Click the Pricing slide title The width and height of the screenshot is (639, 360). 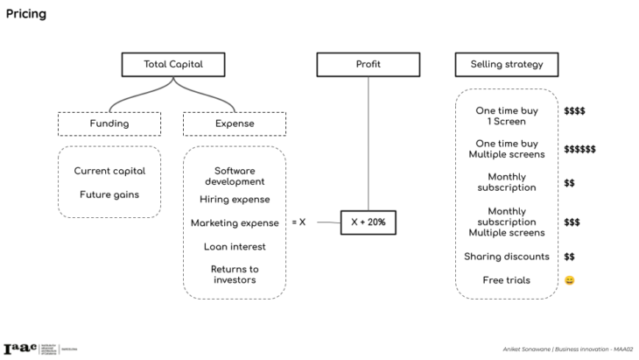(x=26, y=14)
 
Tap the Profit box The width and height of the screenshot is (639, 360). (x=368, y=64)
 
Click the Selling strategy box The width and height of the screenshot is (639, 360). (x=506, y=64)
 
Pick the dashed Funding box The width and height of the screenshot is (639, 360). (x=109, y=124)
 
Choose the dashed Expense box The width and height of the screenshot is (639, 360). (x=234, y=124)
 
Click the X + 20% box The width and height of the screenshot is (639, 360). (x=368, y=223)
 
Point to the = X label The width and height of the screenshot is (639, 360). (x=298, y=222)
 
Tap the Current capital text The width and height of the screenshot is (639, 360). (x=109, y=171)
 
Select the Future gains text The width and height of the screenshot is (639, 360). (x=109, y=194)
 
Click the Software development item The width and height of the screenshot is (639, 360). (x=234, y=176)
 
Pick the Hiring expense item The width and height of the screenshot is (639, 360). (x=234, y=200)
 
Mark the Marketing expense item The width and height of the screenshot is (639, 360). (x=234, y=223)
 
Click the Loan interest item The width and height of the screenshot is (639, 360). (x=234, y=246)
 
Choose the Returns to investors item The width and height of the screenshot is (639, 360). (x=234, y=274)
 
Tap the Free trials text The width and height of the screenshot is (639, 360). (x=506, y=280)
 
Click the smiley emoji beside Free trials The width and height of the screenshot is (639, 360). (x=569, y=280)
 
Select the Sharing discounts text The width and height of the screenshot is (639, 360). (x=506, y=257)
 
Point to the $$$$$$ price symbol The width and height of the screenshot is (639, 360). (x=579, y=149)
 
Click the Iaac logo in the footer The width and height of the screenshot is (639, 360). (x=21, y=348)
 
